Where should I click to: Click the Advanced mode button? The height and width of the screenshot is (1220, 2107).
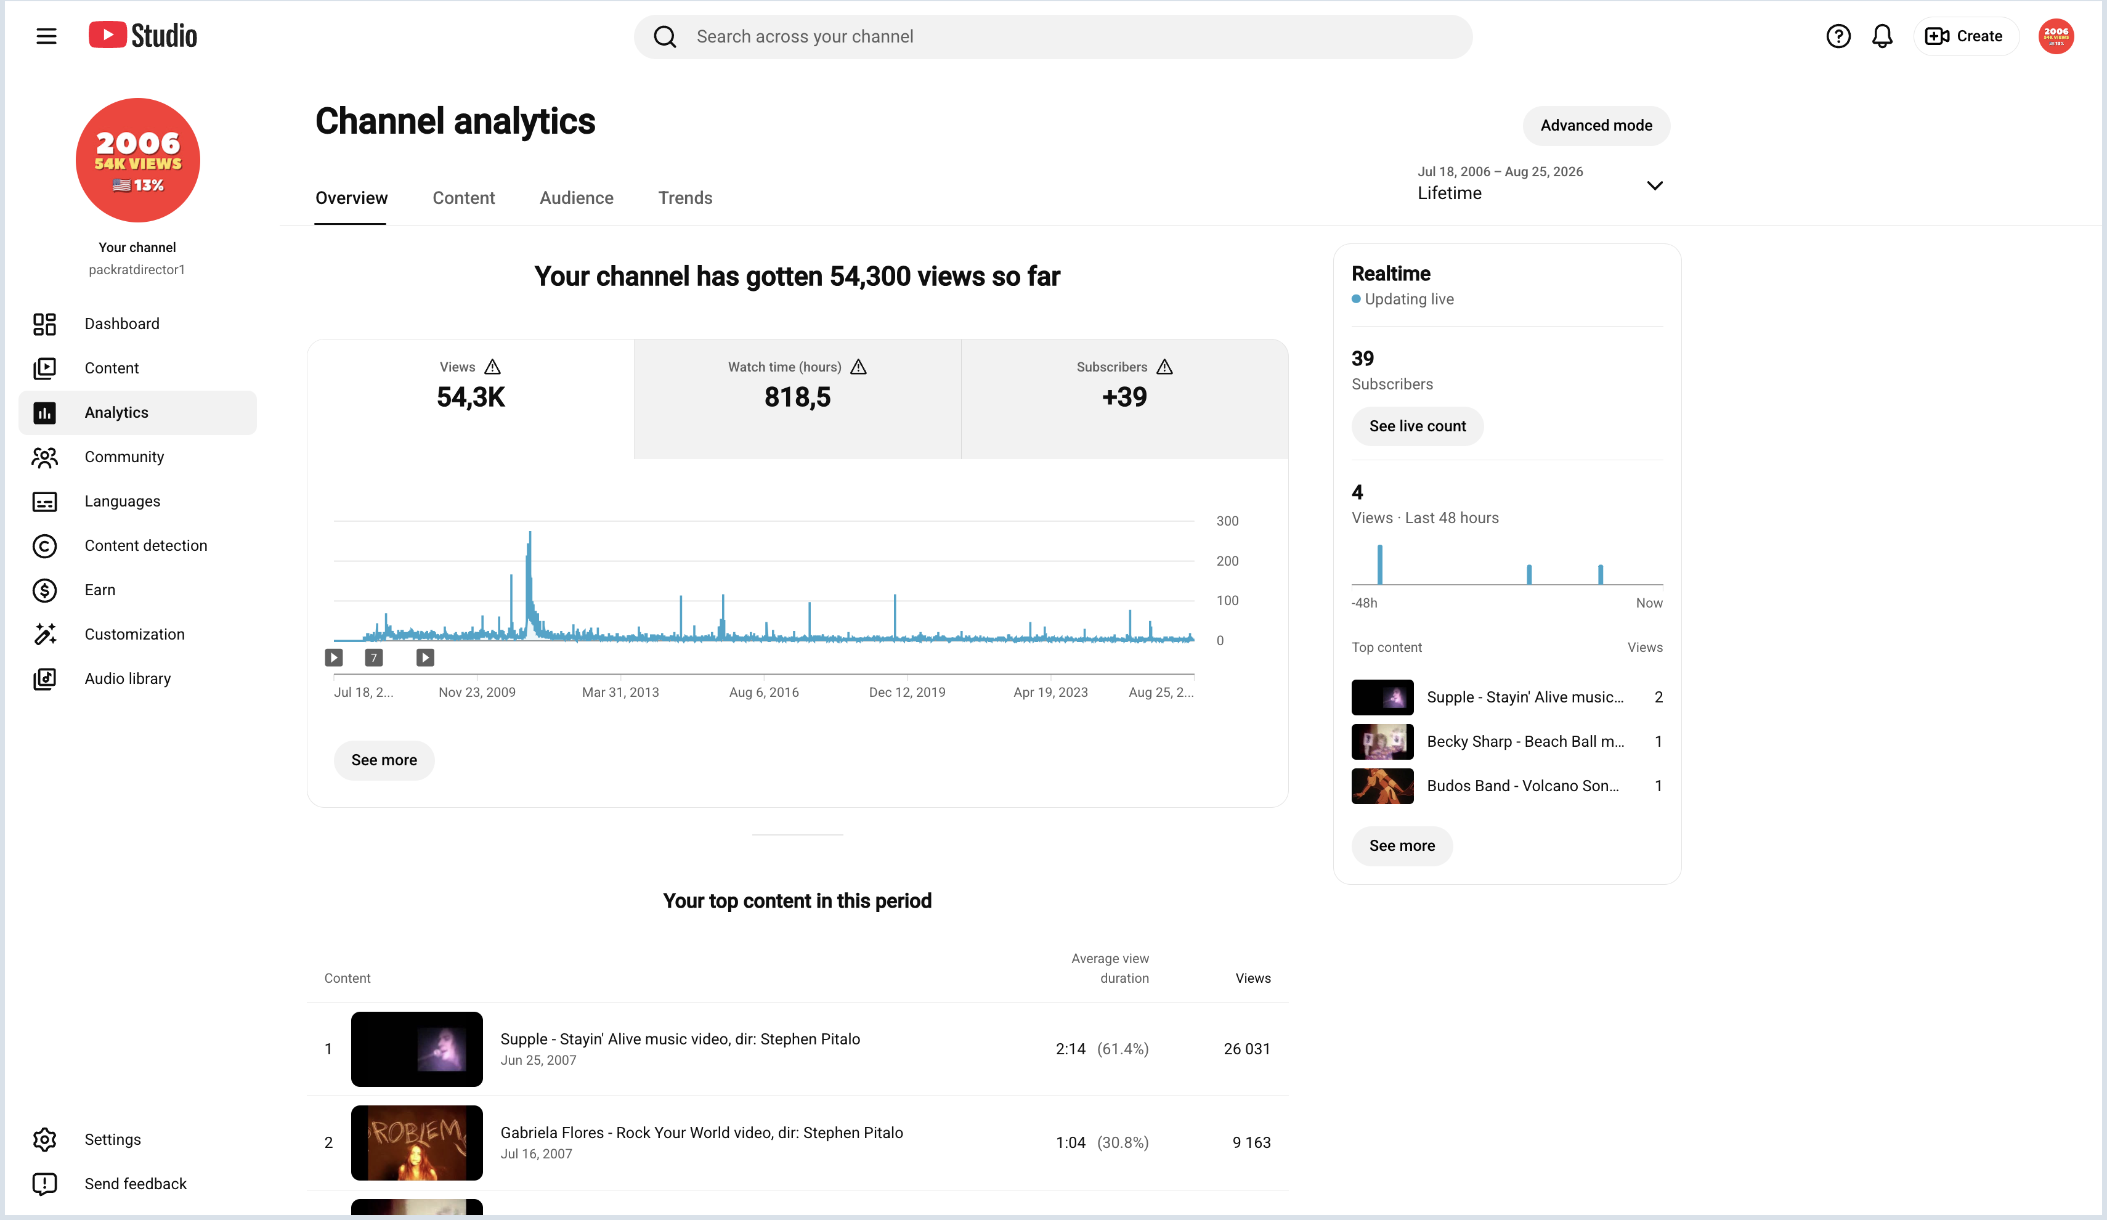point(1596,126)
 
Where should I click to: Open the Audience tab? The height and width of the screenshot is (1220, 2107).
point(576,198)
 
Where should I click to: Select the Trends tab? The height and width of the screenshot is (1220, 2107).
point(685,198)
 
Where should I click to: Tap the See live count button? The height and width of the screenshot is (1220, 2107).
point(1417,426)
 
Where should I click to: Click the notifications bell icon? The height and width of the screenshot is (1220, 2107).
point(1882,36)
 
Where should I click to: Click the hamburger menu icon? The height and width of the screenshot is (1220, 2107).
point(47,36)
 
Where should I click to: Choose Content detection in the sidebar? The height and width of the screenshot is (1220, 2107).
point(145,546)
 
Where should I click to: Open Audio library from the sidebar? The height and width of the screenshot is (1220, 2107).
point(127,679)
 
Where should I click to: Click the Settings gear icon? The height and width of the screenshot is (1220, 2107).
point(44,1140)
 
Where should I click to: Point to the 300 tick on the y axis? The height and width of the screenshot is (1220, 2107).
point(1227,521)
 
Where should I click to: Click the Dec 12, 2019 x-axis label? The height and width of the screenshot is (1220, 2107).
point(907,693)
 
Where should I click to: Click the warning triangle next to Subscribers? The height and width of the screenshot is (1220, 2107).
point(1164,367)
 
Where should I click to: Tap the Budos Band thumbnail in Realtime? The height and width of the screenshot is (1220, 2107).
point(1382,786)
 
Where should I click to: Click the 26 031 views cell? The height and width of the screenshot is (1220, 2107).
point(1247,1049)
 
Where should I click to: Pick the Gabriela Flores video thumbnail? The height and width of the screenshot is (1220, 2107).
point(416,1143)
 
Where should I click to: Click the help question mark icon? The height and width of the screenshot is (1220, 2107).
point(1838,36)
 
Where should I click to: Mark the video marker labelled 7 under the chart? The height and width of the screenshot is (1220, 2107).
point(374,658)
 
